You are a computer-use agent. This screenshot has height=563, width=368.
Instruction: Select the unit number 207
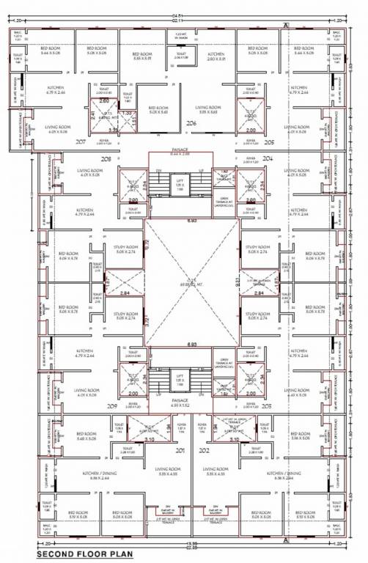[x=81, y=141]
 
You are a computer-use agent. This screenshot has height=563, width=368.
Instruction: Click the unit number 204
[x=268, y=158]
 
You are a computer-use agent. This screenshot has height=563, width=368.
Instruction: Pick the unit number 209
[x=111, y=405]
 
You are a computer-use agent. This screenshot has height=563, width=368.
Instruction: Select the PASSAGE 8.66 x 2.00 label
[x=180, y=150]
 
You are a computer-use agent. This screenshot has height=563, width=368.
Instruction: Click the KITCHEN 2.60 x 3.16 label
[x=216, y=56]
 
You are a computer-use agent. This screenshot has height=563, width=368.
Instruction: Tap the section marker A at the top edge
[x=284, y=26]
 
